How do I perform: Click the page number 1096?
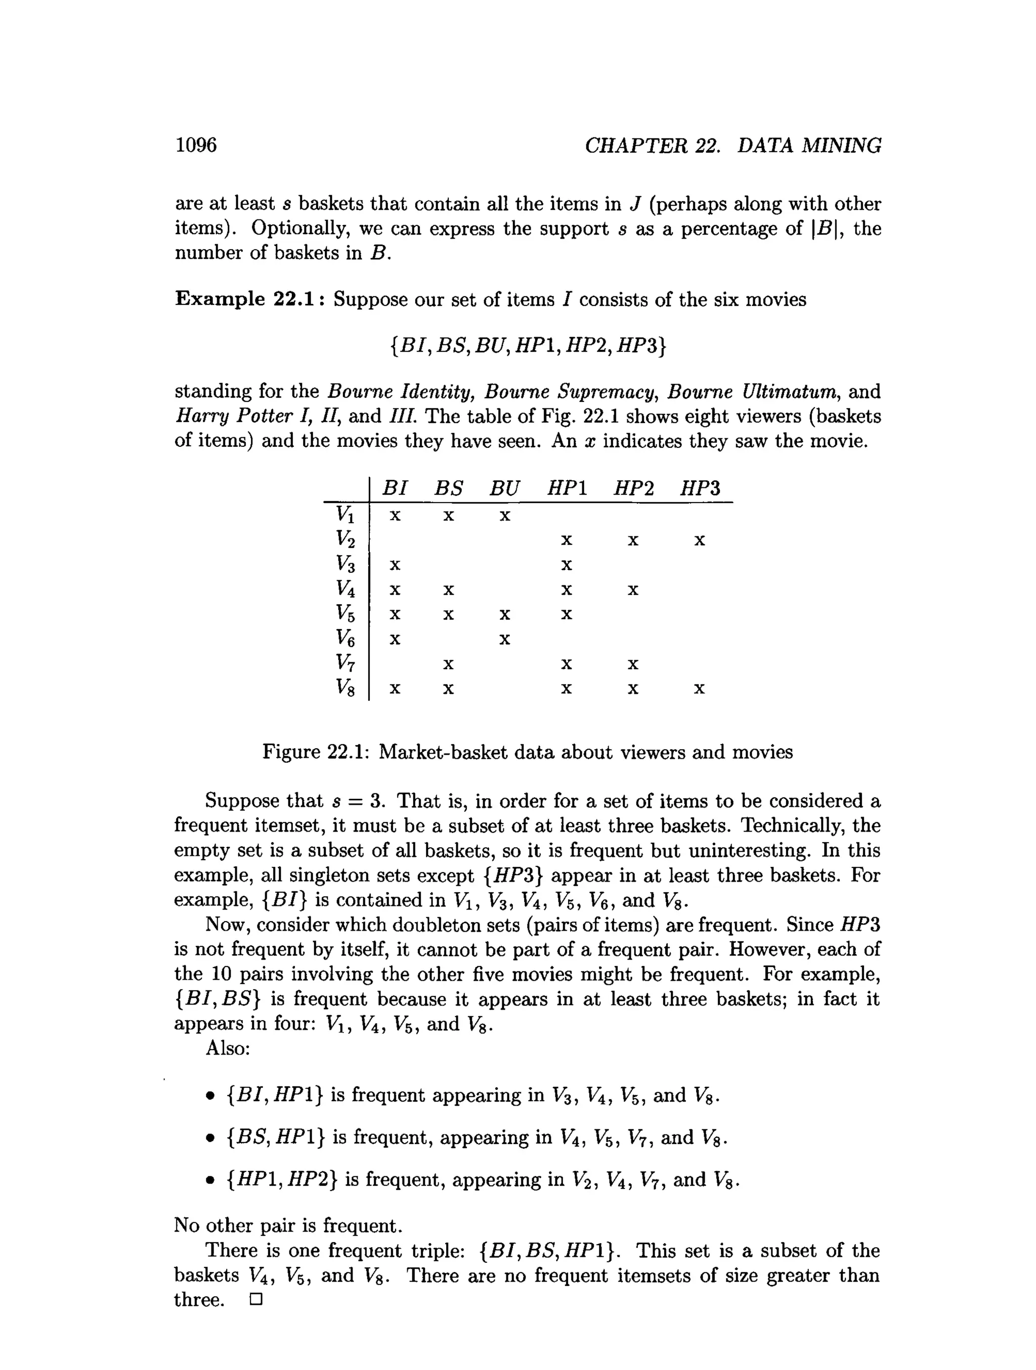coord(196,145)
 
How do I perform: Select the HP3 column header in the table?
coord(700,489)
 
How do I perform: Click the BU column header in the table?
coord(504,489)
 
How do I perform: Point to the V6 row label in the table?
coord(345,638)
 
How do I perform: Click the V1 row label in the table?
coord(345,514)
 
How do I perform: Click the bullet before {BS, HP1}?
coord(210,1138)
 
